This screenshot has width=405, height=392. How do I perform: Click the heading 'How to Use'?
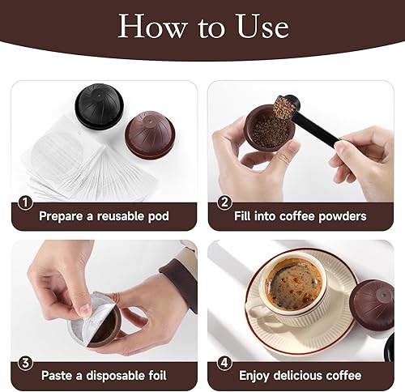[202, 27]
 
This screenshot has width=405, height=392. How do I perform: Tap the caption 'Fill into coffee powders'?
[302, 216]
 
